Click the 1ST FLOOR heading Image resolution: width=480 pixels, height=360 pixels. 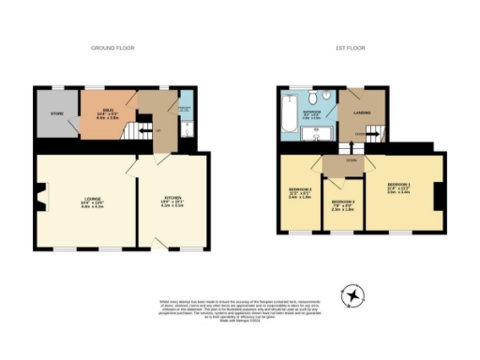point(349,47)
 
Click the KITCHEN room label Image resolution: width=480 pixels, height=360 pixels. point(173,200)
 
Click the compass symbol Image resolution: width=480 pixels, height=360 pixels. point(352,294)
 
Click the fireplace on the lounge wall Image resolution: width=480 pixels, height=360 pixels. point(41,200)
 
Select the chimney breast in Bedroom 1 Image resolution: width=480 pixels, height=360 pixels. point(435,197)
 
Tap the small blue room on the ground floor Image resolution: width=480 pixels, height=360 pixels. point(185,114)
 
